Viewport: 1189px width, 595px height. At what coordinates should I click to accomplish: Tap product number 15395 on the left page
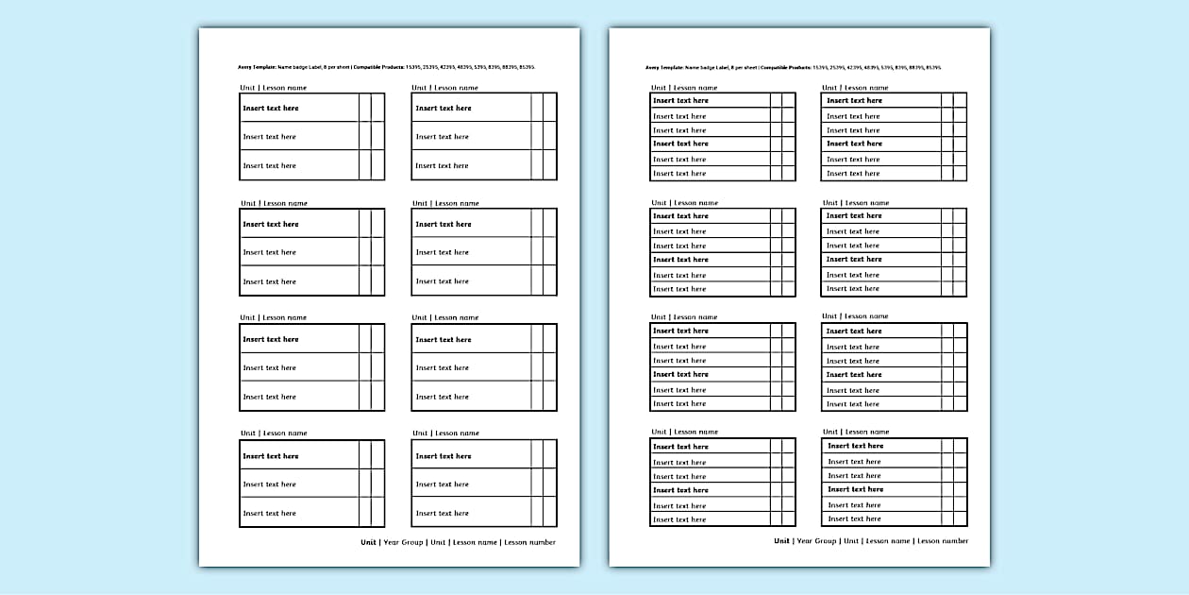tap(411, 68)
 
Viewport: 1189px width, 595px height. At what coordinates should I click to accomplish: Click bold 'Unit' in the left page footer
tap(368, 542)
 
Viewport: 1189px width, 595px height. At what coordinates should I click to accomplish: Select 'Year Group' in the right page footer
tap(816, 541)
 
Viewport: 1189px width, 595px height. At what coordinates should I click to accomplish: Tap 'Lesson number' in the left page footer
tap(529, 542)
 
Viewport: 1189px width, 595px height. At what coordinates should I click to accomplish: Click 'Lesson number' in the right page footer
tap(943, 541)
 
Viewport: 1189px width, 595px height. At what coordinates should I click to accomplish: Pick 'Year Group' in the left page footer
tap(404, 542)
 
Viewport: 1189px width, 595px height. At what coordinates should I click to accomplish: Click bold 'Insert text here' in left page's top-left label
tap(271, 109)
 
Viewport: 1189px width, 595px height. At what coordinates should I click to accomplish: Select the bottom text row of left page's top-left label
tap(270, 166)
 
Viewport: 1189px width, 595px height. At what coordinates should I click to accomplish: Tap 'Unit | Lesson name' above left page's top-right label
tap(444, 88)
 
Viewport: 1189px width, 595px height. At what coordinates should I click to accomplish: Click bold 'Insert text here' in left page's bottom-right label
tap(444, 456)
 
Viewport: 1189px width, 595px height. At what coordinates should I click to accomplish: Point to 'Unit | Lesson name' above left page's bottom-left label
tap(273, 433)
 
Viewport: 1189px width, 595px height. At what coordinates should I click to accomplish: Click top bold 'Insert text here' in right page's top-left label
tap(680, 101)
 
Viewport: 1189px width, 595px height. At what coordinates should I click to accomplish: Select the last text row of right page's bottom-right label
tap(854, 519)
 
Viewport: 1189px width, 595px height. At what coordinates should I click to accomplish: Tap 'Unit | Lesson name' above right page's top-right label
tap(855, 88)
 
